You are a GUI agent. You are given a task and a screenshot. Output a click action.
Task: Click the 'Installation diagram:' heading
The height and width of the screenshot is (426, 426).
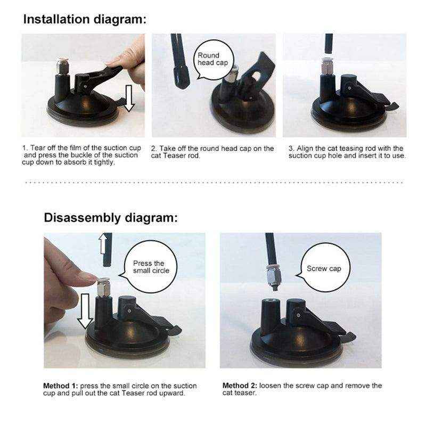[x=84, y=20]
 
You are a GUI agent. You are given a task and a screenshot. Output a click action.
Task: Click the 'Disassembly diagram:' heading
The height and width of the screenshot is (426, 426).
[x=110, y=217]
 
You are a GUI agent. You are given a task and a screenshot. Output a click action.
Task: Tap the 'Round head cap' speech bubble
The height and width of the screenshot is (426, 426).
[x=209, y=59]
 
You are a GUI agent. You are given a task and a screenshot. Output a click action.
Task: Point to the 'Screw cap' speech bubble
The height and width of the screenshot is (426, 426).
[x=324, y=268]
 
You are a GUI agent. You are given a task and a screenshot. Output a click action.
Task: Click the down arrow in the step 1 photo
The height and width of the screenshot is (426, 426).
[x=128, y=99]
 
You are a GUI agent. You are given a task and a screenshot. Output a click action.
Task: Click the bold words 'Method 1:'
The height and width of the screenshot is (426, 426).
[x=61, y=386]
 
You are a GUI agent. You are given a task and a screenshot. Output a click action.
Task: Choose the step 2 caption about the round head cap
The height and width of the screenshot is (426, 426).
[x=212, y=152]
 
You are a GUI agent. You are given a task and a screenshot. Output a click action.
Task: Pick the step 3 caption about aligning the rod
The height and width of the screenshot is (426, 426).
[x=347, y=152]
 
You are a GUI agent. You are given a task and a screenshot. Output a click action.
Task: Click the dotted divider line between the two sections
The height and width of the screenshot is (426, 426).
[x=213, y=183]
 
